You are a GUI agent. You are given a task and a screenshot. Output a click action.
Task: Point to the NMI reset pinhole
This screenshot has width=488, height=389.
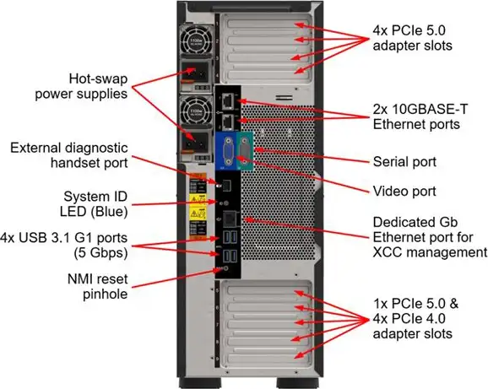pos(221,268)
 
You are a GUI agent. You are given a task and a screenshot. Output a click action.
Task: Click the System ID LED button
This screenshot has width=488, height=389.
pos(220,203)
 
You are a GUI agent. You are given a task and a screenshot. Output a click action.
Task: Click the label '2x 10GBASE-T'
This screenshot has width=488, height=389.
pos(415,110)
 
